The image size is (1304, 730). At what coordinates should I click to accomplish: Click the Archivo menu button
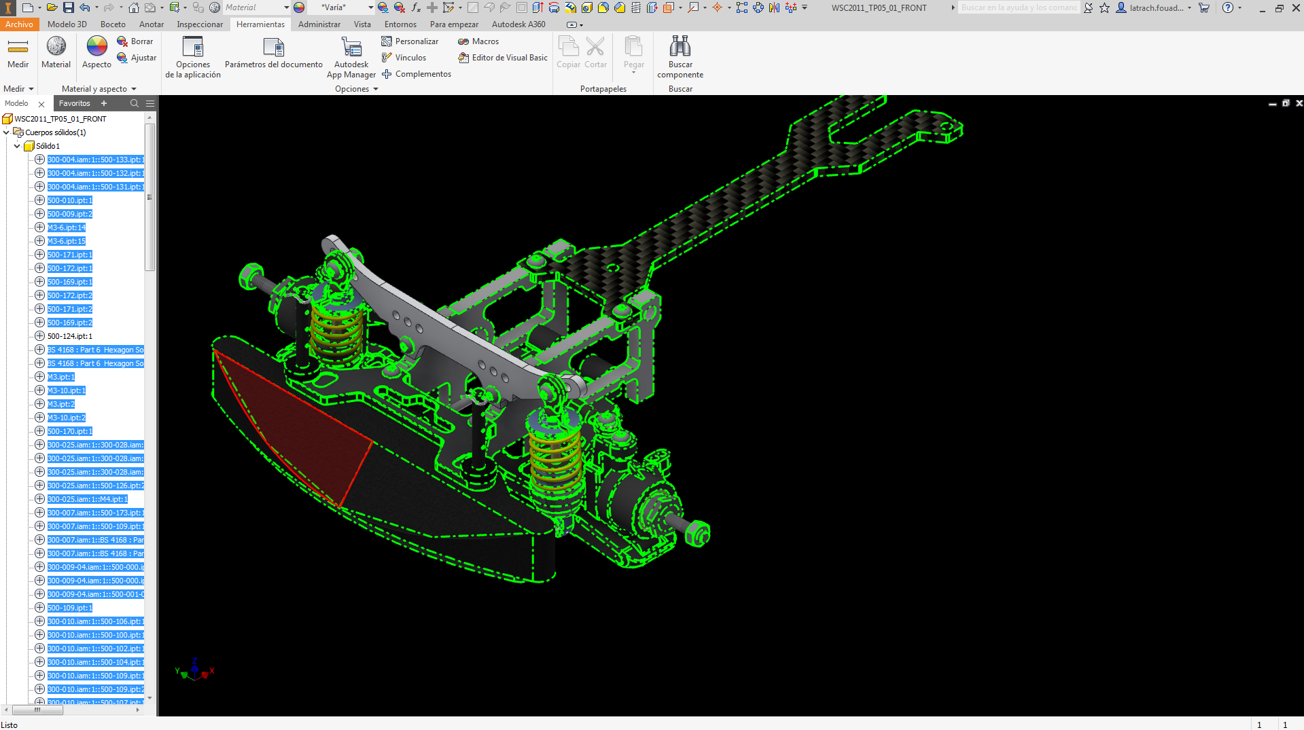tap(19, 24)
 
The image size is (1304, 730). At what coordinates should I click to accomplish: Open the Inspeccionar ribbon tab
tap(199, 24)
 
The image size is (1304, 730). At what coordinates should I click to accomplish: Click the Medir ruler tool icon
tap(18, 47)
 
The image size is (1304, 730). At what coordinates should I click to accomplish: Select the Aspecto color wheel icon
tap(96, 47)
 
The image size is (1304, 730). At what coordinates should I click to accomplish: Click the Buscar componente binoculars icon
tap(680, 47)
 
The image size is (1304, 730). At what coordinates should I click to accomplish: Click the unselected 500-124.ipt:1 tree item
tap(69, 336)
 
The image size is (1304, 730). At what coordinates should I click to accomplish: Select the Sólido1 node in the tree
tap(48, 146)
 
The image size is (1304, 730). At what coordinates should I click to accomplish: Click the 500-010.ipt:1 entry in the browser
tap(69, 200)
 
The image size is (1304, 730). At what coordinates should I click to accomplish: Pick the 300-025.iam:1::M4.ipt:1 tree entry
tap(87, 499)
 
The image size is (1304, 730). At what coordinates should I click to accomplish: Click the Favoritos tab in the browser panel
tap(75, 103)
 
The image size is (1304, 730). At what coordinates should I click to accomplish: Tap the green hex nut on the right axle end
tap(698, 532)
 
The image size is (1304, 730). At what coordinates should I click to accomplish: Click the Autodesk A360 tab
tap(518, 24)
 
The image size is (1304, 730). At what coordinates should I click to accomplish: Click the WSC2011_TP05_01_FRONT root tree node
tap(60, 119)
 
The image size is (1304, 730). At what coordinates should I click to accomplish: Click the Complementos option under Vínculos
tap(423, 74)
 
